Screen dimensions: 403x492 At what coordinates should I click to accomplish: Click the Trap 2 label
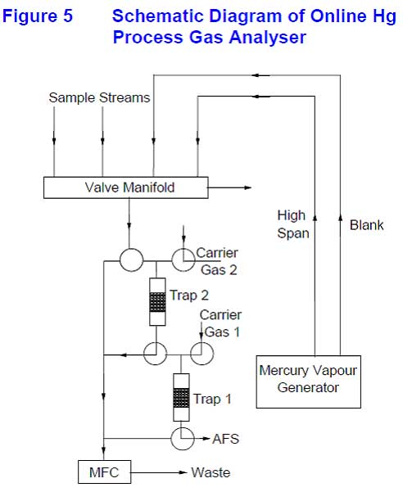tap(189, 296)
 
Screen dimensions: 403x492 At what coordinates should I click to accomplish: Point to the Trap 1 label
tap(212, 399)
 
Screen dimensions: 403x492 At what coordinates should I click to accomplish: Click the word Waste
tap(211, 472)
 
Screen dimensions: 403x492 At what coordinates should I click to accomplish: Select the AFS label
tap(226, 439)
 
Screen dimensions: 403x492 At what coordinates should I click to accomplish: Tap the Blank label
tap(367, 225)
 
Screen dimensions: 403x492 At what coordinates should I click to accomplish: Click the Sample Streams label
tap(99, 97)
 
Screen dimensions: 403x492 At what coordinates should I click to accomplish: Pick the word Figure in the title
tap(29, 16)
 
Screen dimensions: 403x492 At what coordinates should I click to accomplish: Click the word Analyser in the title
tap(268, 38)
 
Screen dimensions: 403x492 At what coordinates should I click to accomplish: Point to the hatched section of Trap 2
tap(157, 302)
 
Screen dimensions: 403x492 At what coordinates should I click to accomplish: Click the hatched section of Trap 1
tap(181, 398)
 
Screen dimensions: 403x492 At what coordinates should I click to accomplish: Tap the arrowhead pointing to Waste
tap(183, 472)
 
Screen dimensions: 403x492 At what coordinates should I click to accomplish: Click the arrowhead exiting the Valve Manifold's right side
tap(248, 187)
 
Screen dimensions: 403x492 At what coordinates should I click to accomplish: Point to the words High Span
tap(293, 224)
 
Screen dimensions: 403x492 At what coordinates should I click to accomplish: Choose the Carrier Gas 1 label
tap(221, 323)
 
